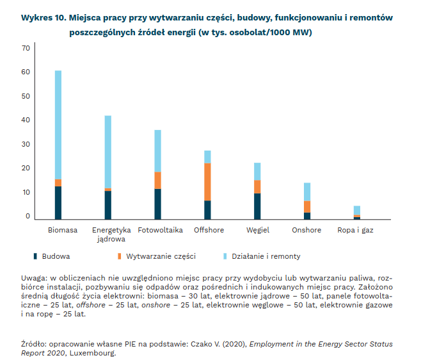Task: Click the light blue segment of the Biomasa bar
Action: point(58,125)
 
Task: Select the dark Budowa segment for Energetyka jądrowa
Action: point(108,205)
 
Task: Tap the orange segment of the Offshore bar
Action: point(207,182)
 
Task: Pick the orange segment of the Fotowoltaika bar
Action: point(157,181)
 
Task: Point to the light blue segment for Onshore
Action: point(307,192)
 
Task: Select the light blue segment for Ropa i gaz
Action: point(357,210)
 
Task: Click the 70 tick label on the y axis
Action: point(26,48)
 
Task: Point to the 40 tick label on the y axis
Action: point(26,120)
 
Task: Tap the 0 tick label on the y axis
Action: point(28,217)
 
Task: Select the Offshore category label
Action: point(209,230)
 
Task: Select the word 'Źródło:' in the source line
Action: point(36,344)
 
